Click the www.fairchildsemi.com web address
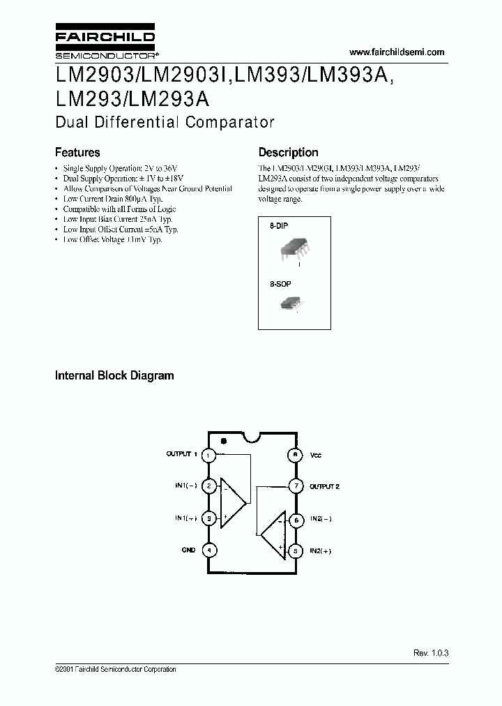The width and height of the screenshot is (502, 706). click(396, 52)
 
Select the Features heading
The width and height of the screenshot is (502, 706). click(77, 152)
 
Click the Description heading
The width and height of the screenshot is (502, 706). click(288, 152)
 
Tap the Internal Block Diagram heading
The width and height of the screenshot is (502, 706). click(114, 375)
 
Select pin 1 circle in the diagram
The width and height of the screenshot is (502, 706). click(208, 455)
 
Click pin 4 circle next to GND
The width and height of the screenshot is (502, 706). click(208, 550)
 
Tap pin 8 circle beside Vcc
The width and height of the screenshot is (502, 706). click(295, 455)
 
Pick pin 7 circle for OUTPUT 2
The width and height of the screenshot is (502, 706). click(295, 486)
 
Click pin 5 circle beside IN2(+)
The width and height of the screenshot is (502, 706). click(295, 550)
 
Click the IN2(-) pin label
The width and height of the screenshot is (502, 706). click(321, 519)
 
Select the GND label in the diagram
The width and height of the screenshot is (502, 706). click(188, 550)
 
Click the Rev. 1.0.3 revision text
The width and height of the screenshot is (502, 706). click(431, 652)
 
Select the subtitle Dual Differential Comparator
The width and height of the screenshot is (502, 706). click(165, 122)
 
